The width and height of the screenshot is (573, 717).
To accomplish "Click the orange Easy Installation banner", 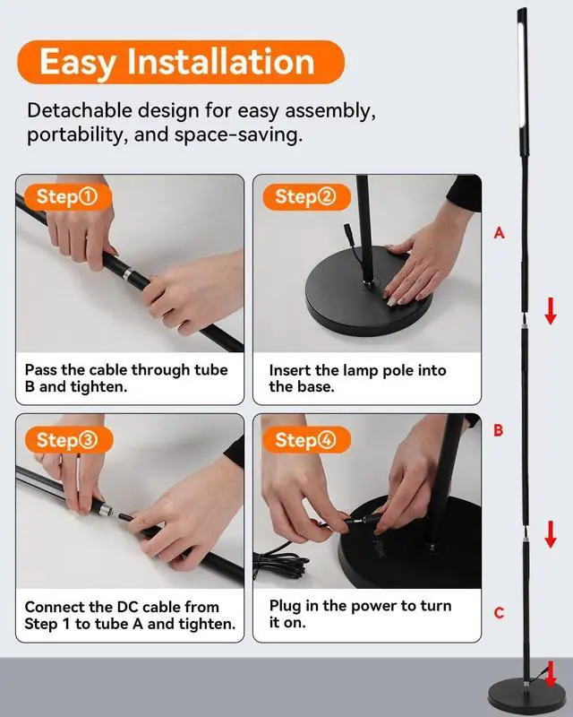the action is [181, 62].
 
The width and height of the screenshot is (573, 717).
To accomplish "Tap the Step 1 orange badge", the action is [68, 197].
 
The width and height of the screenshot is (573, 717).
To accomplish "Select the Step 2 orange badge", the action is [306, 197].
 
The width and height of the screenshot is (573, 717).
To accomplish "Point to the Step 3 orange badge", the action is [68, 440].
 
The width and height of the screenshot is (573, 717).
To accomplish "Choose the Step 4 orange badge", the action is [306, 440].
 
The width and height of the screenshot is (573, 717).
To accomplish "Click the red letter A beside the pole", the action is [500, 233].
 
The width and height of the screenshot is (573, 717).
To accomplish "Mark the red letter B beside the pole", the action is [499, 430].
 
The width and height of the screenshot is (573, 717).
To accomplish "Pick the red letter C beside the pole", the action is [499, 613].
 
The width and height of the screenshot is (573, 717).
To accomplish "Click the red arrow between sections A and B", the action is [552, 311].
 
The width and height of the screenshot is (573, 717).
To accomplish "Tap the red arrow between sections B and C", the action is [551, 534].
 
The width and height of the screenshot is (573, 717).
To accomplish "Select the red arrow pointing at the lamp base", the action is [551, 674].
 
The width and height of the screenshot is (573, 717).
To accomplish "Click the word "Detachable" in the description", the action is [79, 110].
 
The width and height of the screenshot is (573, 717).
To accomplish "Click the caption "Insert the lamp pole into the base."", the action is [357, 378].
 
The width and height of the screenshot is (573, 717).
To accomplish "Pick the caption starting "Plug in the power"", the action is [360, 614].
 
